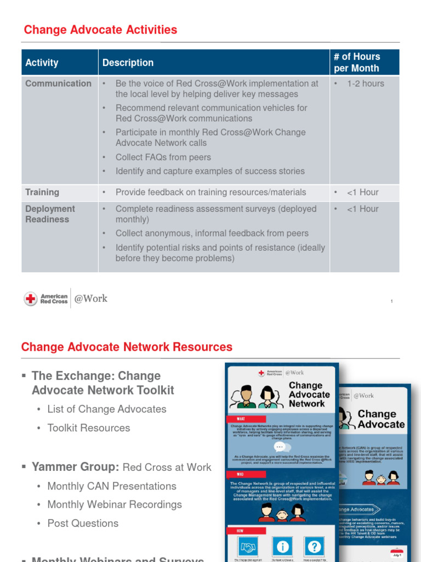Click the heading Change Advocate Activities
point(100,30)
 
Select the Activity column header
point(42,63)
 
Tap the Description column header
point(128,63)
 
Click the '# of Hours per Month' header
point(356,63)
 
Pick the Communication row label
point(58,83)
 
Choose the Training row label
point(42,192)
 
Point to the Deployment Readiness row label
point(50,214)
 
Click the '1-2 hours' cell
point(365,83)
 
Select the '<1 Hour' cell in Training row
point(362,192)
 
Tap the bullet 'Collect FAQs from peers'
point(163,157)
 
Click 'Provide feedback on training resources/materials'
point(210,192)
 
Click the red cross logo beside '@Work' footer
point(31,299)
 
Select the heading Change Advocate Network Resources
point(127,347)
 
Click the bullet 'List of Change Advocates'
point(107,409)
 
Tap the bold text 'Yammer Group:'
point(76,467)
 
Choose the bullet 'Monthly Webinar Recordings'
point(115,504)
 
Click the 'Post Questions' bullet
point(83,523)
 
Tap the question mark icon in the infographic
point(315,547)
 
